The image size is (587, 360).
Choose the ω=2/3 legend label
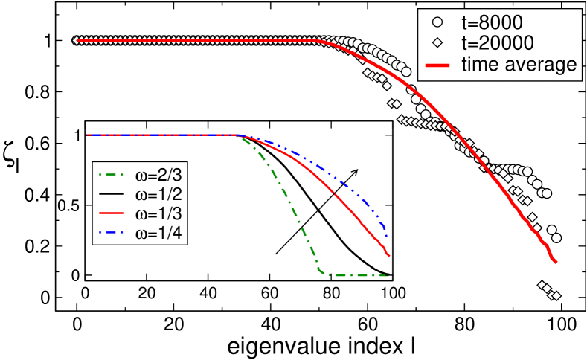click(154, 176)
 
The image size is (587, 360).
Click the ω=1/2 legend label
click(154, 196)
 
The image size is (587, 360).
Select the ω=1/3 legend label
click(154, 215)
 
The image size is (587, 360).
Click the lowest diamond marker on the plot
click(555, 297)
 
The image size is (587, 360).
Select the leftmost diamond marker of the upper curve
click(76, 40)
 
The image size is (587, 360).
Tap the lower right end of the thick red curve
click(556, 261)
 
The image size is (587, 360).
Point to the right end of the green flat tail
click(387, 276)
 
